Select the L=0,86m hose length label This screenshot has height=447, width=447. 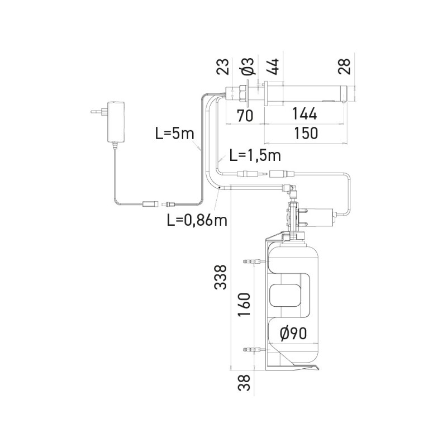(197, 220)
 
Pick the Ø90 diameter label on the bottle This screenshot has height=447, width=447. (293, 334)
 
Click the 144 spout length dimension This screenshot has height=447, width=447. (304, 114)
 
